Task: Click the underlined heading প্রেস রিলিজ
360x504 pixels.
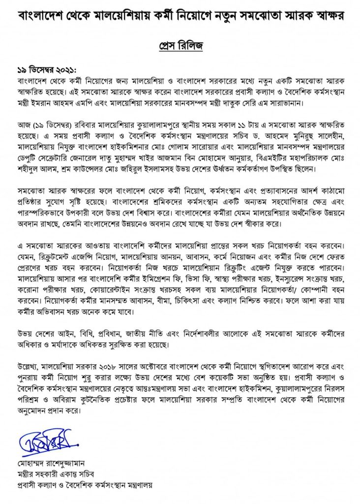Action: click(180, 45)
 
